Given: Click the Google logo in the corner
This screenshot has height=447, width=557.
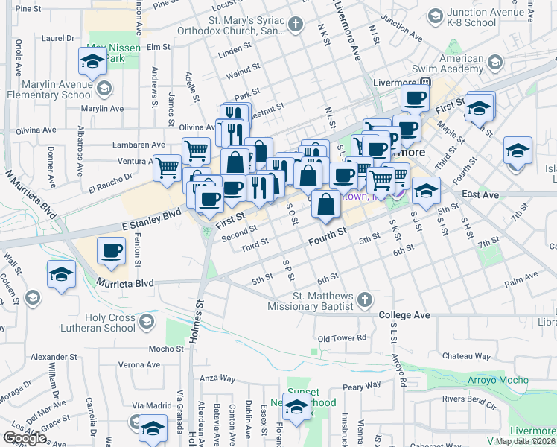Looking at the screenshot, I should (25, 438).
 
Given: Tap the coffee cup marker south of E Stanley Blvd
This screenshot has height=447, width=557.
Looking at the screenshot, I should (111, 251).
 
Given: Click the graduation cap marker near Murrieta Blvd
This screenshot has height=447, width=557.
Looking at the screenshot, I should (61, 274).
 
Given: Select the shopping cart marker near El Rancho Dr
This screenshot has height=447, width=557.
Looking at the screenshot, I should (167, 168).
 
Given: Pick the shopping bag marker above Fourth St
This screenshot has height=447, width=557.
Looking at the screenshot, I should (325, 205).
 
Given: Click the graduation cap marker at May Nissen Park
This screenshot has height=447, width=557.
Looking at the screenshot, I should (92, 61).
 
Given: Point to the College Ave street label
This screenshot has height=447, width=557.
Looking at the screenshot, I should (404, 315).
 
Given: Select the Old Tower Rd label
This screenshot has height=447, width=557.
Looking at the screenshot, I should (342, 338).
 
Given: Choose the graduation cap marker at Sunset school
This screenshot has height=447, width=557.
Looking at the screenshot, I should (296, 408).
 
